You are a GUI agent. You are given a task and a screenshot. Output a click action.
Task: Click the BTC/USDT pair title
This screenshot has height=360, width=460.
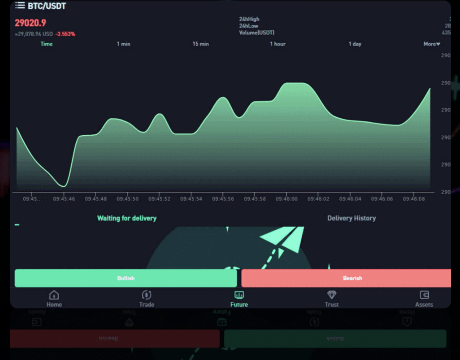(47, 6)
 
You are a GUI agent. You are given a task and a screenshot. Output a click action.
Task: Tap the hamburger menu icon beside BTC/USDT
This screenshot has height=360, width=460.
(20, 5)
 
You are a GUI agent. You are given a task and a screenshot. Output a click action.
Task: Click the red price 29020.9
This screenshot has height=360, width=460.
(30, 23)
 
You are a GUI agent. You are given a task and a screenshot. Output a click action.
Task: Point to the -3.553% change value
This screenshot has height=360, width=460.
(65, 34)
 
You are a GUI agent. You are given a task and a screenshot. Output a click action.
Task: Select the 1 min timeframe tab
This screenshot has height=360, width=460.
(123, 44)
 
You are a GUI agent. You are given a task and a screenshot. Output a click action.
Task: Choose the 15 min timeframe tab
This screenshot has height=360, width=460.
(200, 44)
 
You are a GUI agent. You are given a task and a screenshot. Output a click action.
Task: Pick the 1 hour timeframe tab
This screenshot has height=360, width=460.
(278, 44)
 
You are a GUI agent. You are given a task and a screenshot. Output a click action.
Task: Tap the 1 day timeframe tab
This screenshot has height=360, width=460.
(355, 44)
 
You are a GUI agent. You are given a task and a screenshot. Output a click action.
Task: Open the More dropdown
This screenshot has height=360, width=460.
(432, 44)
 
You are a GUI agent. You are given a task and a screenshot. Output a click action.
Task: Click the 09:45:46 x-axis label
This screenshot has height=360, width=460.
(64, 199)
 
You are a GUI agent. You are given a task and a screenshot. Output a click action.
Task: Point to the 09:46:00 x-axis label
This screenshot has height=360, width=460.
(286, 199)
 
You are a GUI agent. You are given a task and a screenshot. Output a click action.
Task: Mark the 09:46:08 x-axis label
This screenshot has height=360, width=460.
(414, 199)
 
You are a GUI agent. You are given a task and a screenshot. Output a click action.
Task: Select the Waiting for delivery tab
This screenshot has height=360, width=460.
(127, 218)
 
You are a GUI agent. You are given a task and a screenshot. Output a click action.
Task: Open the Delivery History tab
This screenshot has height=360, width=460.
(351, 218)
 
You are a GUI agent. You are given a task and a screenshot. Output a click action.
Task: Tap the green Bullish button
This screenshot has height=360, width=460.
(126, 278)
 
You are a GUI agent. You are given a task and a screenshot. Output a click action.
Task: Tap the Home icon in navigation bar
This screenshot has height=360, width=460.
(54, 295)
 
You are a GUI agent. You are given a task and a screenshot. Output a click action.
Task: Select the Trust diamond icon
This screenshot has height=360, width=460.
(332, 295)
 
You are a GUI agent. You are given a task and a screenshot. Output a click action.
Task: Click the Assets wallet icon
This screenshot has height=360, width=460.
(424, 295)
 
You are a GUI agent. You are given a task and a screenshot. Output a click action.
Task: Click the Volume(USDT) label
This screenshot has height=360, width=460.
(256, 33)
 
